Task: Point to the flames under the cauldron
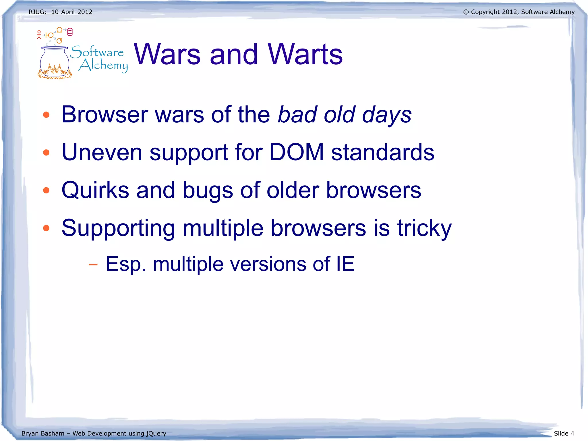click(55, 72)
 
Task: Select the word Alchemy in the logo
click(103, 65)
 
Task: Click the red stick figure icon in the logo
click(39, 35)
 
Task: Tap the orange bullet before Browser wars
click(46, 115)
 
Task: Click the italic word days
click(386, 115)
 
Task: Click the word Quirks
click(95, 190)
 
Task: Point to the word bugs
click(208, 191)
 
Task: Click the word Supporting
click(118, 228)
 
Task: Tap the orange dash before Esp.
click(93, 264)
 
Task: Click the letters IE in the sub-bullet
click(345, 264)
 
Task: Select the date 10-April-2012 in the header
click(72, 12)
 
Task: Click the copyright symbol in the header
click(466, 12)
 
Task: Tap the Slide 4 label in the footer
click(564, 433)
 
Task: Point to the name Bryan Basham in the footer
click(43, 433)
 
